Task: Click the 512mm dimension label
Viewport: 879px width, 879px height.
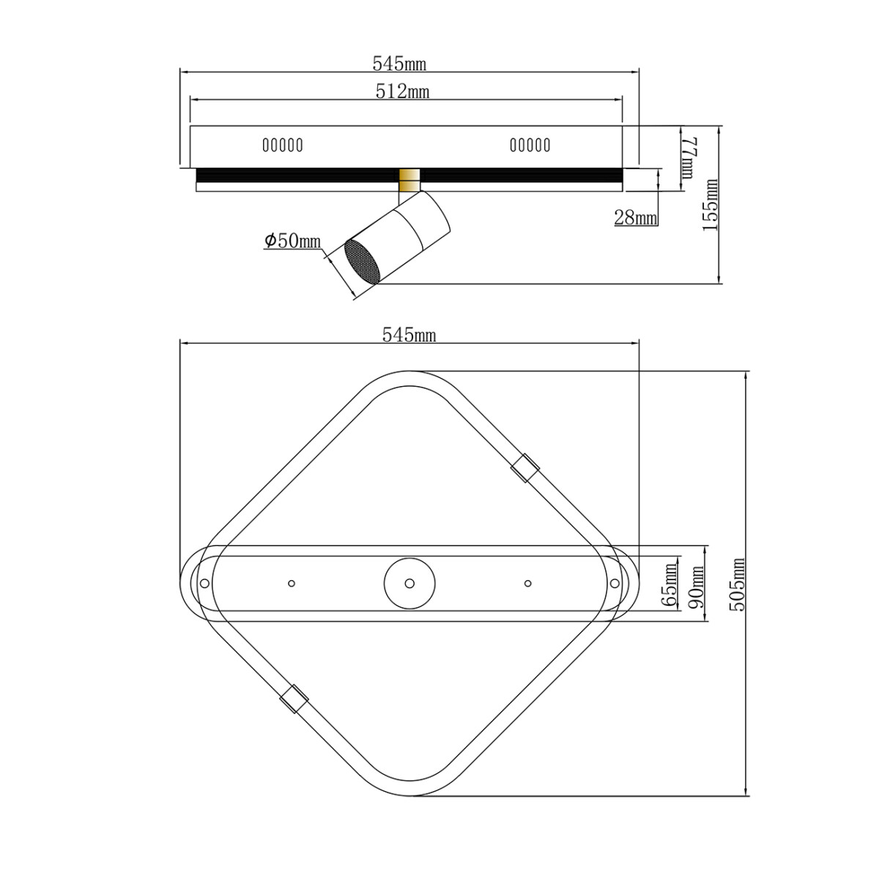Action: tap(402, 92)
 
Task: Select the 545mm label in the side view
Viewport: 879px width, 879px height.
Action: tap(399, 64)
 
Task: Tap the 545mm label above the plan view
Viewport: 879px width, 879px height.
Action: tap(409, 335)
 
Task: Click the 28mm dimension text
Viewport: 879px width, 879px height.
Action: tap(635, 218)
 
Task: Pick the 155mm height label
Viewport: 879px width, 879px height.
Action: tap(710, 204)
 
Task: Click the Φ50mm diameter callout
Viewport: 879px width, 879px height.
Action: tap(293, 241)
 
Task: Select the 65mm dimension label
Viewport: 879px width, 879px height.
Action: tap(669, 584)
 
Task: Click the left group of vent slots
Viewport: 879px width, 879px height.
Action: tap(283, 145)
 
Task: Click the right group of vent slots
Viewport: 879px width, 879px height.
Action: tap(530, 145)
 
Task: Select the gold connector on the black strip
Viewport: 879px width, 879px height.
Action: tap(409, 177)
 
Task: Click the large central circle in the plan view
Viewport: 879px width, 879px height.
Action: tap(409, 583)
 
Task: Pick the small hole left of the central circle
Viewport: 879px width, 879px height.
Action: tap(292, 583)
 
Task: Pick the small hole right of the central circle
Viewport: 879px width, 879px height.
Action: tap(527, 583)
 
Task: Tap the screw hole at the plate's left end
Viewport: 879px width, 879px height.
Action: tap(205, 583)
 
